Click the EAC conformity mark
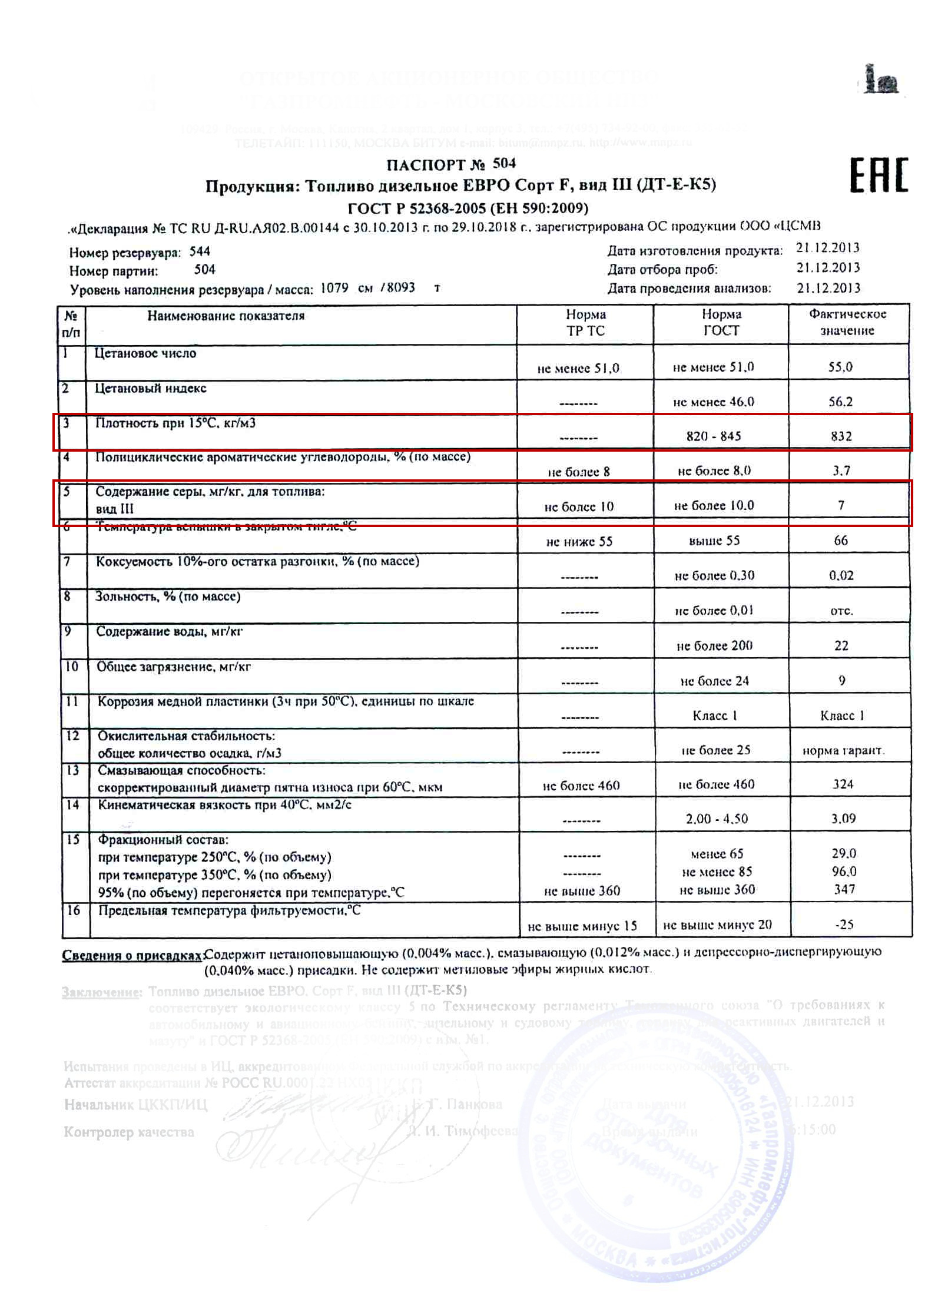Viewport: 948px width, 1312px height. [x=879, y=175]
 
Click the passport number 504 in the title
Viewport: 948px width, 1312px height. [x=504, y=163]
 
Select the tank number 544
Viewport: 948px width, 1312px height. [x=200, y=251]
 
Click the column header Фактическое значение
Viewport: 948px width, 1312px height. [x=847, y=322]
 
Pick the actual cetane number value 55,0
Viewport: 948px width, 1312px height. [x=840, y=367]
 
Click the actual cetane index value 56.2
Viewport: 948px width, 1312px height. [x=840, y=402]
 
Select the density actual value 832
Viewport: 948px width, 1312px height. [x=841, y=436]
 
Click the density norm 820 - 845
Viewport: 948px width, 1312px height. [x=714, y=436]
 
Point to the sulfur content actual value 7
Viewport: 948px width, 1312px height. [x=841, y=505]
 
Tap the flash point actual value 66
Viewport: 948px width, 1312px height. [x=841, y=540]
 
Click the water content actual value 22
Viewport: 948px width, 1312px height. [x=841, y=645]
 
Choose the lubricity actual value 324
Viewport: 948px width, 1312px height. [x=843, y=784]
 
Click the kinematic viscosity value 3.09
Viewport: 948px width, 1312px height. [x=843, y=818]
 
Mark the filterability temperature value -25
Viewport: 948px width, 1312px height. [x=844, y=924]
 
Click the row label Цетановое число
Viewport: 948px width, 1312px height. [x=145, y=353]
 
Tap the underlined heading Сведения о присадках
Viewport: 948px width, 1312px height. [x=132, y=955]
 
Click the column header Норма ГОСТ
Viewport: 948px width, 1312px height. [x=721, y=322]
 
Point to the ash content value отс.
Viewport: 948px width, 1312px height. [x=841, y=611]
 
